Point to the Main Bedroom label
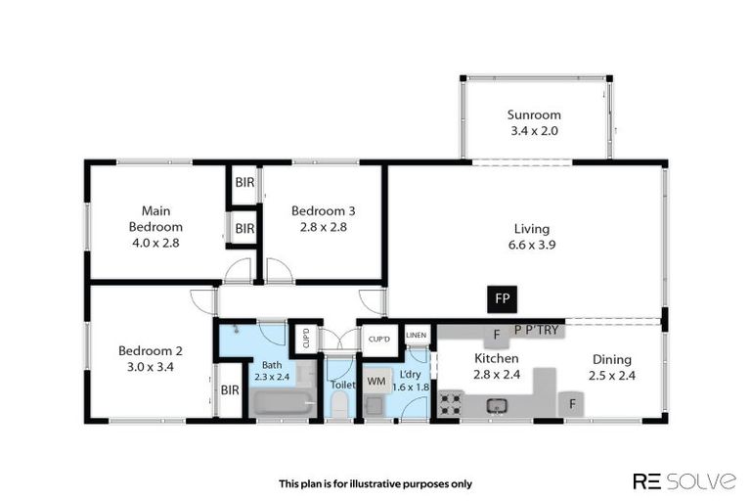[x=157, y=226]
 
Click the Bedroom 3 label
[x=323, y=218]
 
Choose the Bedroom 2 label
[x=151, y=358]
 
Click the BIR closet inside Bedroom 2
[x=230, y=389]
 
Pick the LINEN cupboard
[x=417, y=337]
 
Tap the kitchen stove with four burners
[x=449, y=402]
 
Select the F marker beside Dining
[x=571, y=402]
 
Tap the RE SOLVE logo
[x=685, y=480]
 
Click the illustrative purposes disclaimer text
[x=375, y=482]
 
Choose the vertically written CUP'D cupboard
[x=305, y=338]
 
